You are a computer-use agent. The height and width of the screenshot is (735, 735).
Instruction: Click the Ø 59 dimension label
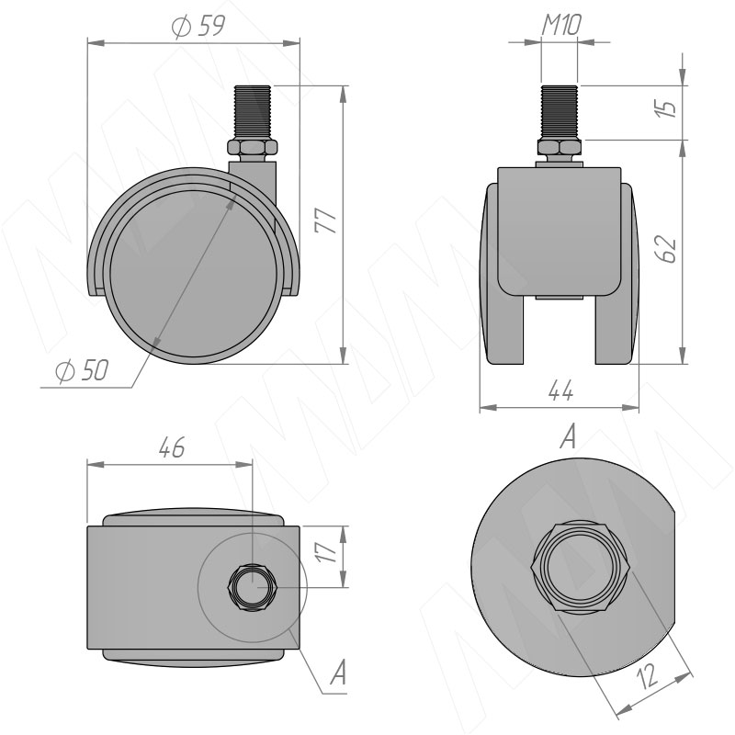(198, 27)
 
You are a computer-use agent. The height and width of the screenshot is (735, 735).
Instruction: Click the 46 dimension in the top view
(171, 447)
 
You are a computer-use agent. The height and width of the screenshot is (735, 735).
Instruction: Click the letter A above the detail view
(567, 439)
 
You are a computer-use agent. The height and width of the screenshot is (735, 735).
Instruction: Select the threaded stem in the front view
(560, 111)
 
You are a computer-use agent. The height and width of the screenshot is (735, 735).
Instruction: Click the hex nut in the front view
(560, 148)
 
